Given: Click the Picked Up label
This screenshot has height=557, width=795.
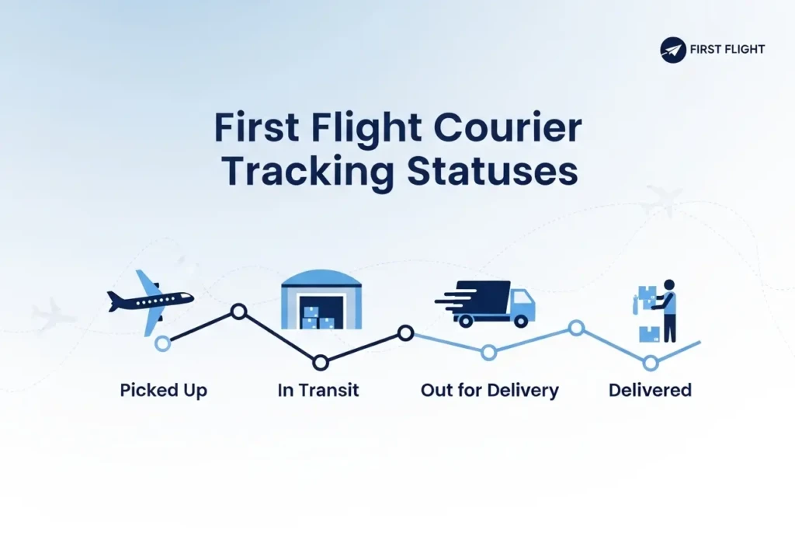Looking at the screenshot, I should tap(163, 390).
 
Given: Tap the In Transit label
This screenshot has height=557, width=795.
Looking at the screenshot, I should tap(318, 390).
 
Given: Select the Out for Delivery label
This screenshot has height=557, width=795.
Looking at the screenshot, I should tap(489, 390).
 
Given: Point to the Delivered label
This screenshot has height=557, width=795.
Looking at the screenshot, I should tap(650, 390).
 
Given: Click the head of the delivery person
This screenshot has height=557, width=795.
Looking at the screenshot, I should tap(669, 285).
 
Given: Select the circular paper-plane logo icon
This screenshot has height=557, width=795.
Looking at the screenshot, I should tap(673, 50).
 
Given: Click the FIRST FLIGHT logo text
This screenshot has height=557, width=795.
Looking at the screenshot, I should tap(727, 50).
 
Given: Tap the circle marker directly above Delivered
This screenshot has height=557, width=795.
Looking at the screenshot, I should tap(651, 362).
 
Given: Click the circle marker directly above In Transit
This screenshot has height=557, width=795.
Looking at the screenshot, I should tap(320, 362).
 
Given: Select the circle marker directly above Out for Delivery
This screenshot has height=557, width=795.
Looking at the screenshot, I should tap(488, 353).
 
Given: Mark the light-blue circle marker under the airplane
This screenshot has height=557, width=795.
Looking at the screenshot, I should tap(162, 343).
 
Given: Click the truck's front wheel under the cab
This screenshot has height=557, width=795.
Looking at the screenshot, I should tap(520, 320).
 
